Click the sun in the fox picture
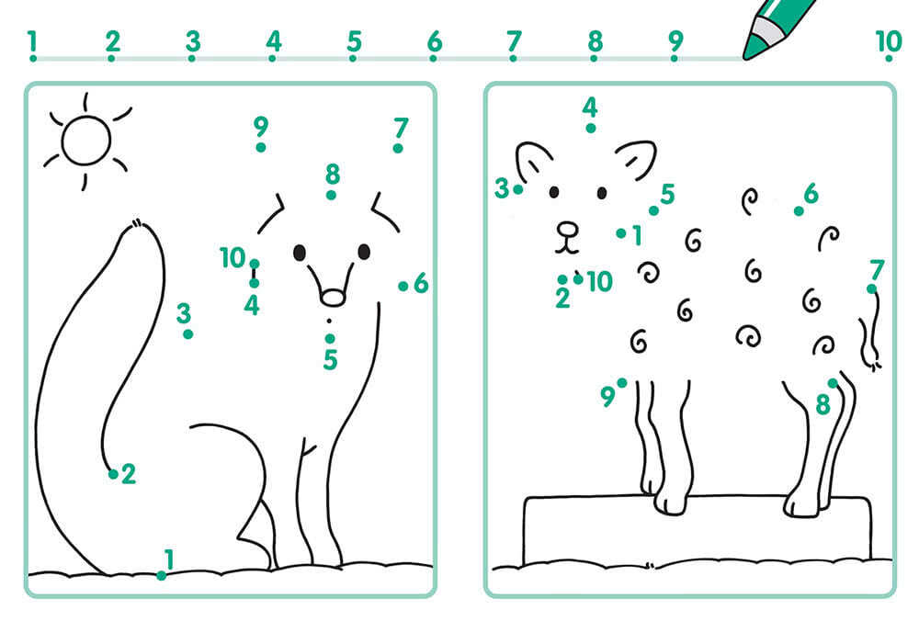click(x=86, y=141)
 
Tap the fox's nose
click(x=333, y=298)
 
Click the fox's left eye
click(x=300, y=253)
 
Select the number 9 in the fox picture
click(x=261, y=125)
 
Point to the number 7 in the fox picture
click(x=401, y=127)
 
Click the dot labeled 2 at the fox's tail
click(x=113, y=474)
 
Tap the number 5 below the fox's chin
click(x=331, y=359)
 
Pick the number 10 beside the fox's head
click(x=233, y=258)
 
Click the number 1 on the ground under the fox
click(x=169, y=559)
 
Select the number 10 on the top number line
click(x=888, y=41)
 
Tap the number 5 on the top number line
click(x=354, y=41)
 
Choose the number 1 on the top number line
click(x=33, y=41)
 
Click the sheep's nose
click(x=567, y=229)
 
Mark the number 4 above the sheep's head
click(x=590, y=107)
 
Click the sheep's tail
click(x=871, y=331)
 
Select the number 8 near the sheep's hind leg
click(x=823, y=403)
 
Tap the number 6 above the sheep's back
click(x=811, y=193)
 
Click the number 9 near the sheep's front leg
click(x=607, y=397)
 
